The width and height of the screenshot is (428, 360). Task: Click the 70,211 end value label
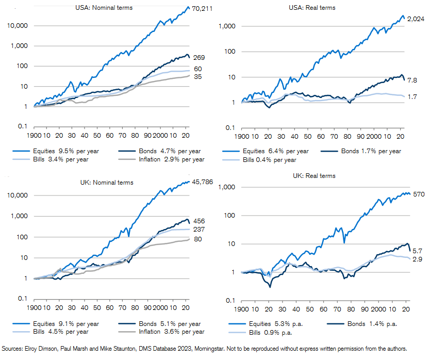coord(202,9)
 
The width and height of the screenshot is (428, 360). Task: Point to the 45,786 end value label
coord(202,183)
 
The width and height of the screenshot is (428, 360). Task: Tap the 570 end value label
coord(415,195)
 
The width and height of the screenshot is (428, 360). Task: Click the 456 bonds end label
coord(199,221)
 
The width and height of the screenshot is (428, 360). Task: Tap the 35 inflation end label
coord(197,77)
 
